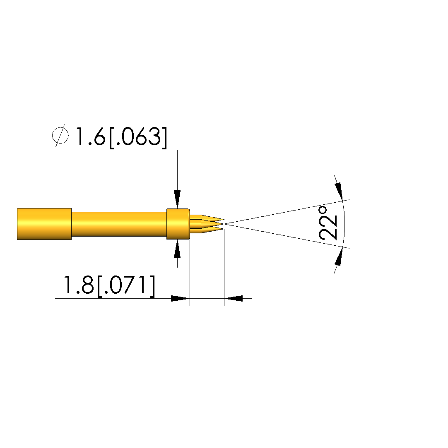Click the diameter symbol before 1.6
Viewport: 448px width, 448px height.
coord(60,135)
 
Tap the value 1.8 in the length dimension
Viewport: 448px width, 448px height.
coord(79,285)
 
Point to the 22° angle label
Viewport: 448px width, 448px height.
coord(328,223)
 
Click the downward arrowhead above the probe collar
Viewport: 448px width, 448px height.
coord(178,199)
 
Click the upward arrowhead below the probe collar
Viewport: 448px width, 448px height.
coord(178,249)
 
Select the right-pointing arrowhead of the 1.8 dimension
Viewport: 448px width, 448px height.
coord(181,298)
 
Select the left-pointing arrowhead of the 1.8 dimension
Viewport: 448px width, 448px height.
coord(233,298)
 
